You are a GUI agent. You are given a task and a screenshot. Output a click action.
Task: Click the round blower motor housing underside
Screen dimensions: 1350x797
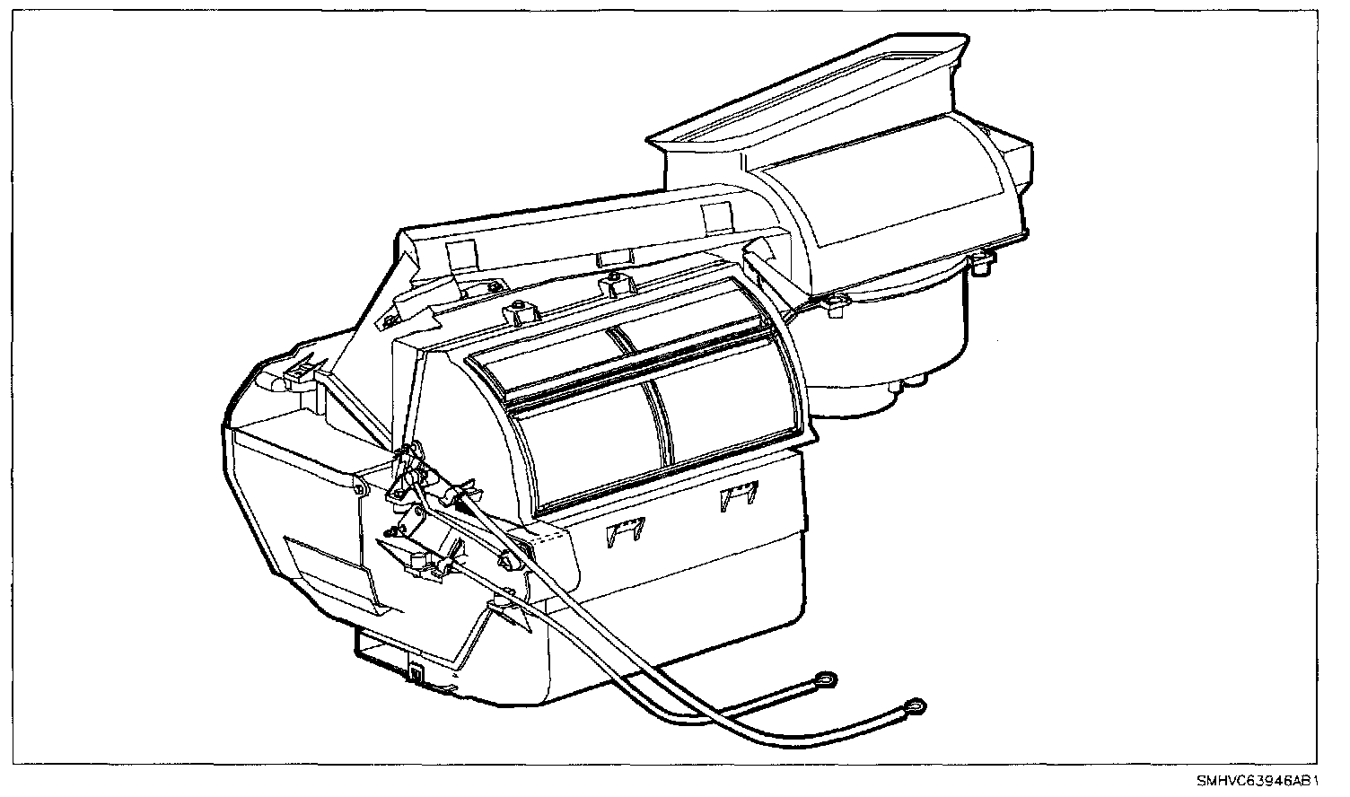point(889,359)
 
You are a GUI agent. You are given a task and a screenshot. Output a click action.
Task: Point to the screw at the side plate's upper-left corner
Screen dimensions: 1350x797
point(358,489)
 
